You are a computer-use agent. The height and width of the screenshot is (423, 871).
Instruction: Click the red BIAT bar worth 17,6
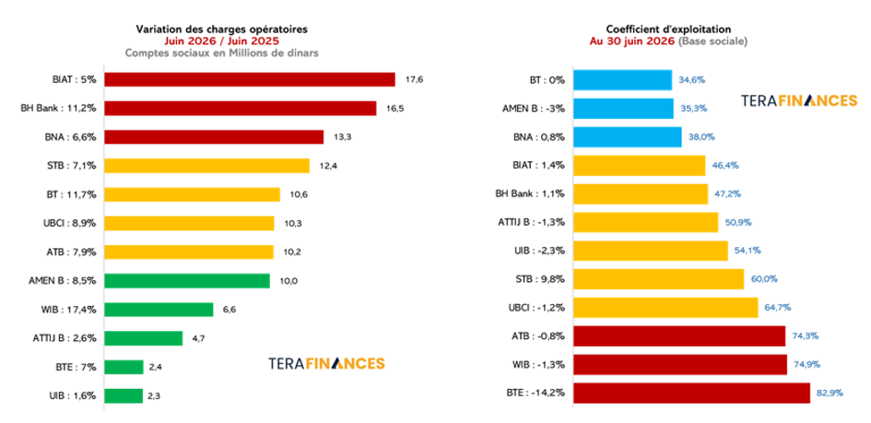(x=250, y=79)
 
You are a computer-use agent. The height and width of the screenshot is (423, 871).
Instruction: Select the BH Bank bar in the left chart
(x=240, y=108)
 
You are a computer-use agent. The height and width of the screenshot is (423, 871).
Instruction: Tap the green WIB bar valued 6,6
(x=159, y=310)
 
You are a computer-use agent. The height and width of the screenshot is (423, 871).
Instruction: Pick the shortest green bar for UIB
(x=124, y=395)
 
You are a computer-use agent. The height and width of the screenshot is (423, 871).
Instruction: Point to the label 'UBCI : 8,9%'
(x=71, y=223)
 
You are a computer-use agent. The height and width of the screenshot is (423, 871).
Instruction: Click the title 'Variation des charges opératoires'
(x=221, y=29)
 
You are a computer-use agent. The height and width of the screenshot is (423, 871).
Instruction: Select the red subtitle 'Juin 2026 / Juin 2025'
(x=221, y=41)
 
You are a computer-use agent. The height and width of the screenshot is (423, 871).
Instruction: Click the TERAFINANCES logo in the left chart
(x=326, y=364)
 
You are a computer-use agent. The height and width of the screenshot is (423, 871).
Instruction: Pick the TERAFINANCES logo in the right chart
(x=799, y=100)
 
